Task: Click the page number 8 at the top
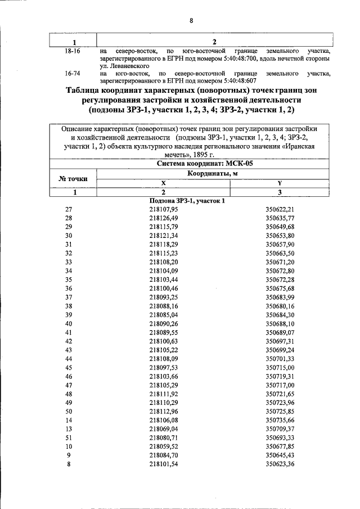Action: [x=191, y=21]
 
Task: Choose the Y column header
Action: [x=280, y=183]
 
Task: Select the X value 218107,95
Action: [x=164, y=209]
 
